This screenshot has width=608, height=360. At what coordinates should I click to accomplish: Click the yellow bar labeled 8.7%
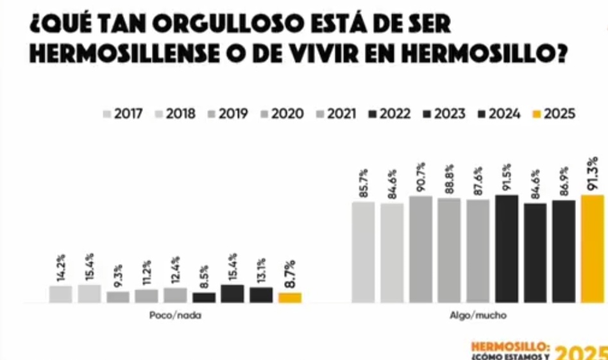click(290, 298)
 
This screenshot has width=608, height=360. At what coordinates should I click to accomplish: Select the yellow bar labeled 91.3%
click(593, 248)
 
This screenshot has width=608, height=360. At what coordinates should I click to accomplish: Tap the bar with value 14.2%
click(60, 294)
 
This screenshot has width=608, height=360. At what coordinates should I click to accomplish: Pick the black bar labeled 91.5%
click(507, 248)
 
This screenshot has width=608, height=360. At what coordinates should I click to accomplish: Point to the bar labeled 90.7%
click(421, 249)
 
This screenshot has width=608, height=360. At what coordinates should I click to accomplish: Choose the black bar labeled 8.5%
click(204, 298)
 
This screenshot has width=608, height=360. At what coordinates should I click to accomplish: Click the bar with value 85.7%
click(363, 252)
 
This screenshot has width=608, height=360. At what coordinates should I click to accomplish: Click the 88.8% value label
click(450, 181)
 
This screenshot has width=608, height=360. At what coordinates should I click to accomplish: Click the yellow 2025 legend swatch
click(537, 114)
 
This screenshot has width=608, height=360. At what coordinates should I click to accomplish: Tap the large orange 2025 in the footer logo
click(580, 352)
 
